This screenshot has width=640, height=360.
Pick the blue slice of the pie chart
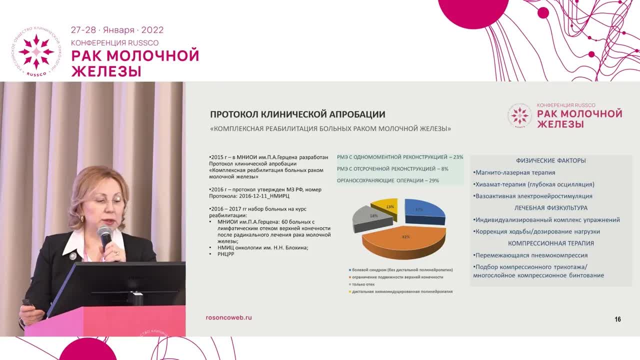pyautogui.click(x=424, y=210)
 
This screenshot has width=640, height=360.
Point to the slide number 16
pyautogui.click(x=617, y=319)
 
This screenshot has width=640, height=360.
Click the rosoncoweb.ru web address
pyautogui.click(x=228, y=317)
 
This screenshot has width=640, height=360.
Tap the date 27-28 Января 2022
pyautogui.click(x=117, y=30)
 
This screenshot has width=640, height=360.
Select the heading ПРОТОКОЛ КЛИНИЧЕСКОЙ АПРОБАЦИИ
pyautogui.click(x=297, y=114)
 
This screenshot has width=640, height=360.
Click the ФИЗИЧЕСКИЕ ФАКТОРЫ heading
pyautogui.click(x=550, y=160)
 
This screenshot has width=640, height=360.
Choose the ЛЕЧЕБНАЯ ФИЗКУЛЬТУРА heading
pyautogui.click(x=550, y=207)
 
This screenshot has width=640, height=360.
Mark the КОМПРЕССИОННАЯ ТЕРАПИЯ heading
pyautogui.click(x=550, y=243)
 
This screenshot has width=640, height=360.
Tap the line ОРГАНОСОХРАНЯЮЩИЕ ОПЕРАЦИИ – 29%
pyautogui.click(x=388, y=180)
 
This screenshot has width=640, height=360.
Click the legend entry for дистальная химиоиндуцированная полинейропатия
pyautogui.click(x=401, y=291)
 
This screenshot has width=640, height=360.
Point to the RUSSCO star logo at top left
pyautogui.click(x=36, y=51)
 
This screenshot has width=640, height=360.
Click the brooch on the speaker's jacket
pyautogui.click(x=73, y=256)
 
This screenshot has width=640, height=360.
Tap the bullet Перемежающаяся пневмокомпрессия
pyautogui.click(x=531, y=255)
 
